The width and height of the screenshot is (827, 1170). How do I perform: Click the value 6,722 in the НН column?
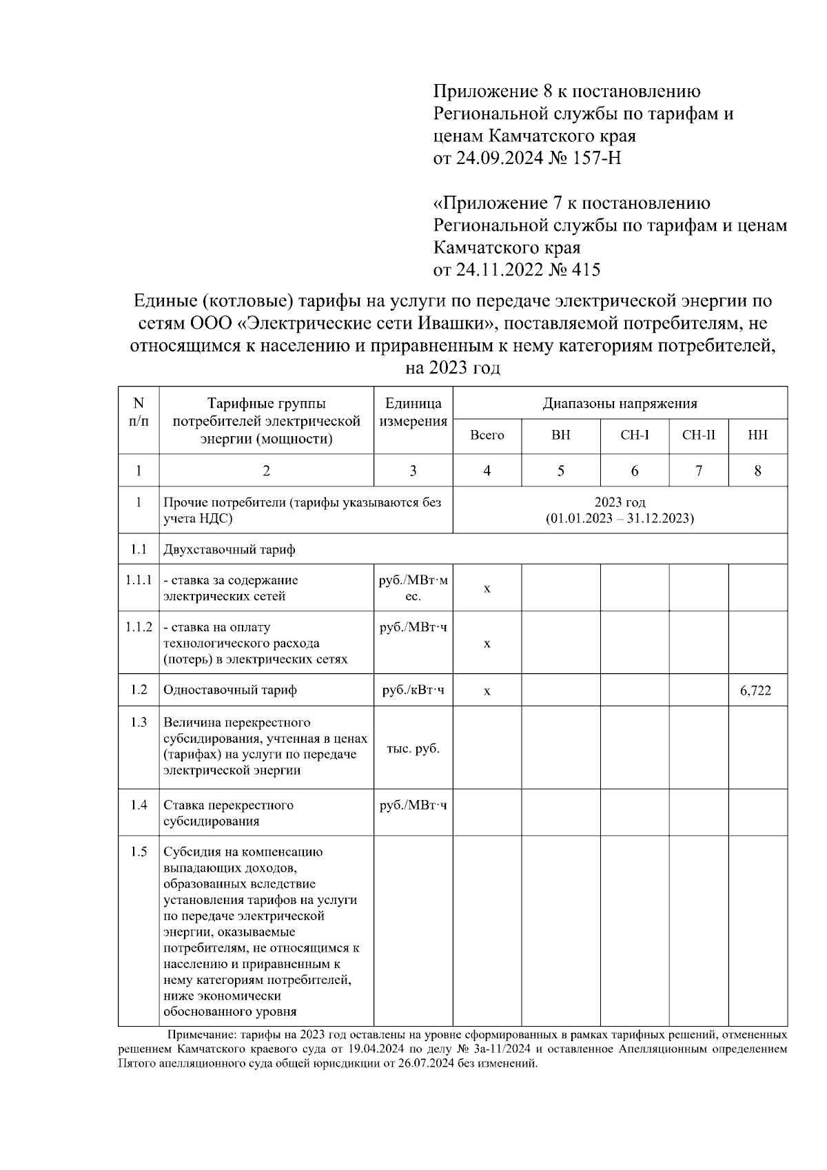[x=756, y=690]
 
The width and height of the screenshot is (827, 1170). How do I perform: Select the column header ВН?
[x=560, y=435]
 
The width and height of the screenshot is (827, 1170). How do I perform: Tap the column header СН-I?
[x=634, y=435]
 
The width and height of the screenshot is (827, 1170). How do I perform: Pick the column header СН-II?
[x=698, y=435]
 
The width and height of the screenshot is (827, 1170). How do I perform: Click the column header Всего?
[x=487, y=435]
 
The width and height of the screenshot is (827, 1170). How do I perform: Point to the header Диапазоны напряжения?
[x=620, y=404]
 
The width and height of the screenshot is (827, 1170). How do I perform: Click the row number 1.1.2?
[x=139, y=627]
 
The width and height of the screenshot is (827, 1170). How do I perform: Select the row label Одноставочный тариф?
[x=230, y=690]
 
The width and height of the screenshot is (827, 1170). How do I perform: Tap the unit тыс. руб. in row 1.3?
[x=413, y=748]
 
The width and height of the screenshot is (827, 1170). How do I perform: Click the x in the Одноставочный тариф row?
[x=487, y=691]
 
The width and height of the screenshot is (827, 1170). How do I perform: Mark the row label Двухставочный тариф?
[x=229, y=549]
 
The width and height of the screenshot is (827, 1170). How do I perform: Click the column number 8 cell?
[x=757, y=471]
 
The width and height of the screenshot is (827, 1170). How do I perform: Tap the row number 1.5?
[x=139, y=852]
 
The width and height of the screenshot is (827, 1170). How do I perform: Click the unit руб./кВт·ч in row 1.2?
[x=413, y=690]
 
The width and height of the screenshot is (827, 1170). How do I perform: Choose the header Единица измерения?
[x=413, y=412]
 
